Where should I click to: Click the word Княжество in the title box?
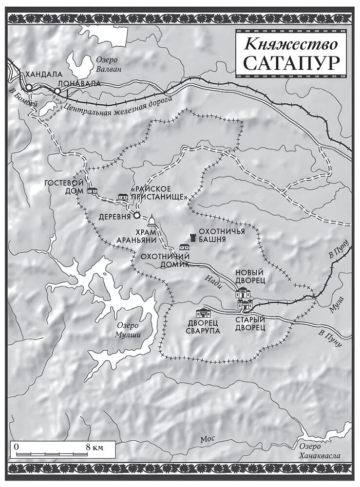(291, 44)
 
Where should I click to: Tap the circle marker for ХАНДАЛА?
(29, 87)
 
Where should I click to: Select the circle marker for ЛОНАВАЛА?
(57, 91)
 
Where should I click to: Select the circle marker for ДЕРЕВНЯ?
(137, 215)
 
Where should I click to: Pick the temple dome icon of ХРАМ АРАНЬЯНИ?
(152, 221)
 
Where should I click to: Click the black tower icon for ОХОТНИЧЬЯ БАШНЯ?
(193, 237)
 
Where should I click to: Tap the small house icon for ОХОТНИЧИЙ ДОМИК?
(185, 247)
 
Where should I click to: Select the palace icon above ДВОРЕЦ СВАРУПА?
(202, 313)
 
